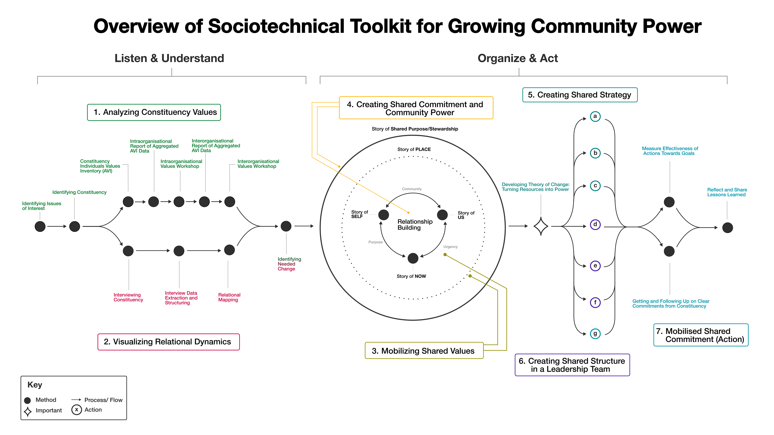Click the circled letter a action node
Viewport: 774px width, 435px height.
[x=595, y=116]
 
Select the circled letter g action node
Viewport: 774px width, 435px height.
[x=595, y=333]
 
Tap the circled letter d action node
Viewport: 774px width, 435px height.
[x=595, y=225]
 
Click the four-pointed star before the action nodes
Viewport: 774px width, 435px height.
[x=541, y=226]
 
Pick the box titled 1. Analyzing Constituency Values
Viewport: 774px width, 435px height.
[x=154, y=112]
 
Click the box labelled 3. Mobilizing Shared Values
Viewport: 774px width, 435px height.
[x=424, y=351]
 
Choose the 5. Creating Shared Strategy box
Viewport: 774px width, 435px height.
[x=580, y=95]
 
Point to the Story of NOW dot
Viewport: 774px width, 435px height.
[x=413, y=258]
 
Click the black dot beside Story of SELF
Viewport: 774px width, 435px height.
[x=383, y=215]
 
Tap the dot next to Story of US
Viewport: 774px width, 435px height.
[x=442, y=215]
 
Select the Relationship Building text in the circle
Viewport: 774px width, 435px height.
[x=415, y=225]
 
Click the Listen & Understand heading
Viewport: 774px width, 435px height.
[x=169, y=58]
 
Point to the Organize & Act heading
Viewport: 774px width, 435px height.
[x=517, y=58]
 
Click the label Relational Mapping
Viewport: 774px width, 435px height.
[x=229, y=297]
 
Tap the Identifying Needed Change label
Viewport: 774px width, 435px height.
[x=289, y=264]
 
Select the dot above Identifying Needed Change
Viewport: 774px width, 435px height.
[x=286, y=226]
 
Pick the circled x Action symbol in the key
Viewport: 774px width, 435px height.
[x=77, y=409]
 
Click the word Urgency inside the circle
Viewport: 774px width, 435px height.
[x=450, y=247]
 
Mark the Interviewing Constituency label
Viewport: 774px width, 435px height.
[x=128, y=297]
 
